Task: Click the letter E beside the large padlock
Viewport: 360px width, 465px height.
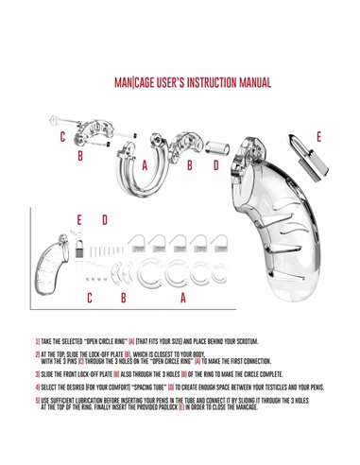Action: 317,136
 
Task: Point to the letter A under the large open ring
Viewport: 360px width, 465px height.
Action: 145,164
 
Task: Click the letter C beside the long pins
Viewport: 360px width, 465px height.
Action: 62,137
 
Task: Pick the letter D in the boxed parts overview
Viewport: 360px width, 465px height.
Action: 105,220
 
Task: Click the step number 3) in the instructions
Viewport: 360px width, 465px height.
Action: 36,372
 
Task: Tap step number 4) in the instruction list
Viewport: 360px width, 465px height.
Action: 36,387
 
